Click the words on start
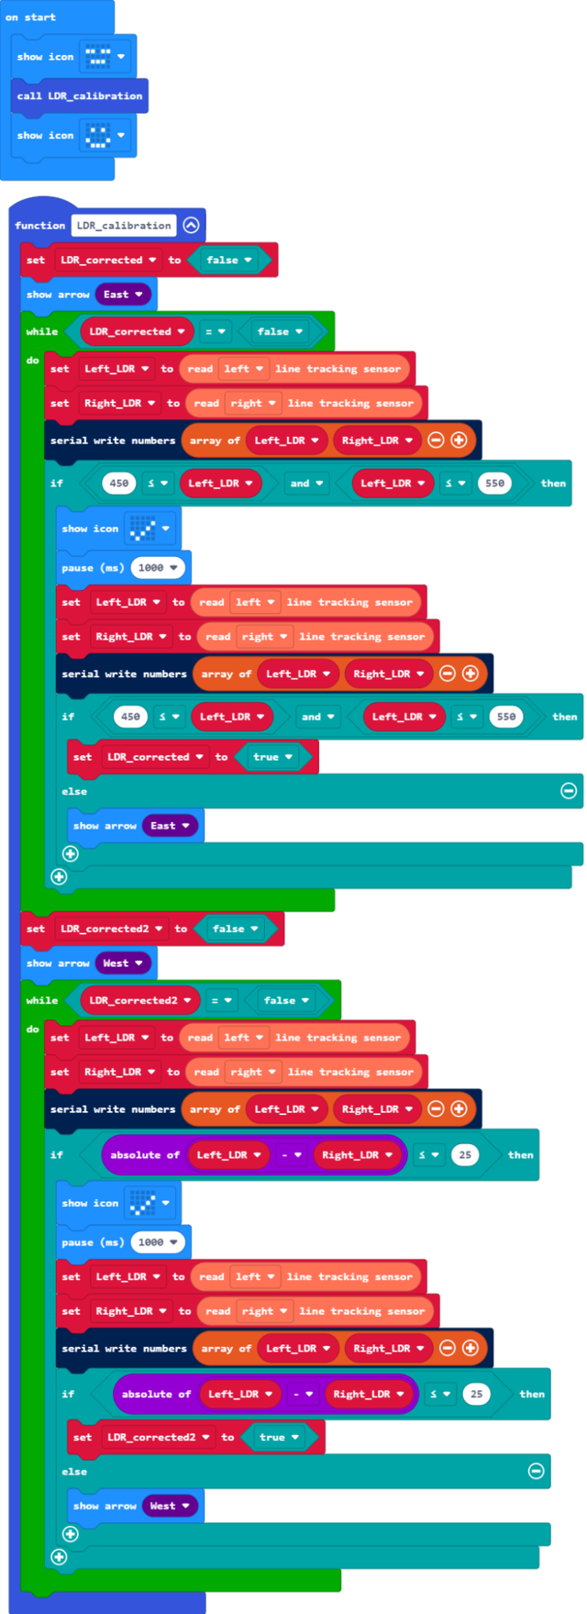pos(30,17)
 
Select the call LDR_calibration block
pos(80,95)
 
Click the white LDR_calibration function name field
pos(124,225)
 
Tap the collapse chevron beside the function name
pos(191,225)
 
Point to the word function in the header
pos(39,226)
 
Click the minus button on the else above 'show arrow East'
pos(569,790)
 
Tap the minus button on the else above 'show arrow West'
pos(537,1471)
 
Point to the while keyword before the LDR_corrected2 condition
pos(42,1000)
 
